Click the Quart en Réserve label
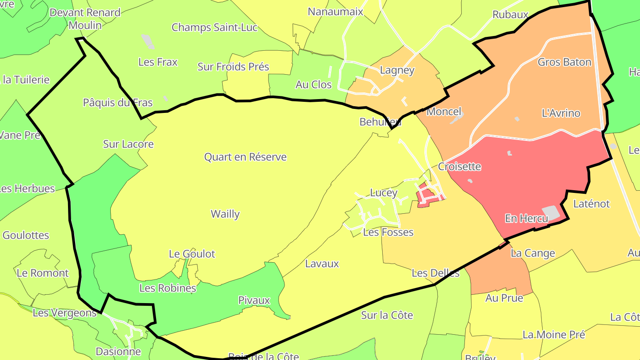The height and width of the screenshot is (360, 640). tap(245, 157)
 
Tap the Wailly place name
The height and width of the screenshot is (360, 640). tap(225, 214)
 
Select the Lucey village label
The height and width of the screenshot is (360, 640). tap(384, 193)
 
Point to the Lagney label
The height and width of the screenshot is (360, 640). tap(397, 70)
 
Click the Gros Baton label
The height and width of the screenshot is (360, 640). tap(564, 62)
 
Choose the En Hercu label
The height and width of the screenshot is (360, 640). tap(526, 219)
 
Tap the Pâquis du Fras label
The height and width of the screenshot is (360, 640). tap(118, 103)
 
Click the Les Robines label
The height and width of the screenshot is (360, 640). tap(168, 288)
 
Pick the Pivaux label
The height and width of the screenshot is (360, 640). tap(254, 300)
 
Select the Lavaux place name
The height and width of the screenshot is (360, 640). tap(322, 264)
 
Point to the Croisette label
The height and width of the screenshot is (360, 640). tap(460, 167)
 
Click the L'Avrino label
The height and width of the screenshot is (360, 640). tap(561, 113)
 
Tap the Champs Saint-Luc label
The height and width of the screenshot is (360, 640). tap(215, 28)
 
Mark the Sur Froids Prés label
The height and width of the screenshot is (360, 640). tap(233, 67)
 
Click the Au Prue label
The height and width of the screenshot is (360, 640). tap(504, 298)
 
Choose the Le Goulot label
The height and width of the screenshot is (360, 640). tap(192, 254)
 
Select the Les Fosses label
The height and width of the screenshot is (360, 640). tap(388, 232)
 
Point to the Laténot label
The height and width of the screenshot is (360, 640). tap(592, 204)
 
